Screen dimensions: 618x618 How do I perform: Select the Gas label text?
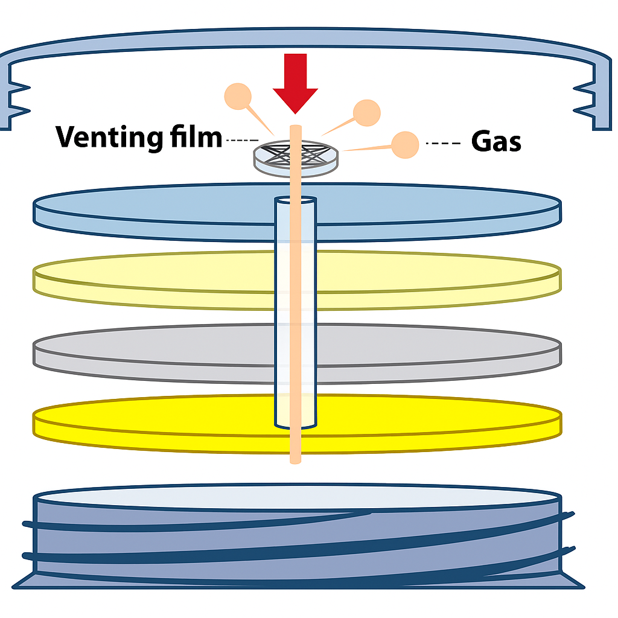click(x=495, y=142)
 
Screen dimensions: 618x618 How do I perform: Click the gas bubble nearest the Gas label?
click(x=405, y=145)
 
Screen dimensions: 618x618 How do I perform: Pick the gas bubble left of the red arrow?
click(x=238, y=96)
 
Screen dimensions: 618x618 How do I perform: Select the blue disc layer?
click(x=151, y=211)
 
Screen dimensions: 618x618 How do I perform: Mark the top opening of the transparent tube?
click(x=295, y=200)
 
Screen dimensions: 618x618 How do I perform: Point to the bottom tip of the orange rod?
click(x=295, y=460)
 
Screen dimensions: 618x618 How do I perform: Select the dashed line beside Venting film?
click(x=242, y=141)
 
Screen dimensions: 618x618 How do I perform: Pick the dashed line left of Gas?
click(x=442, y=144)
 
